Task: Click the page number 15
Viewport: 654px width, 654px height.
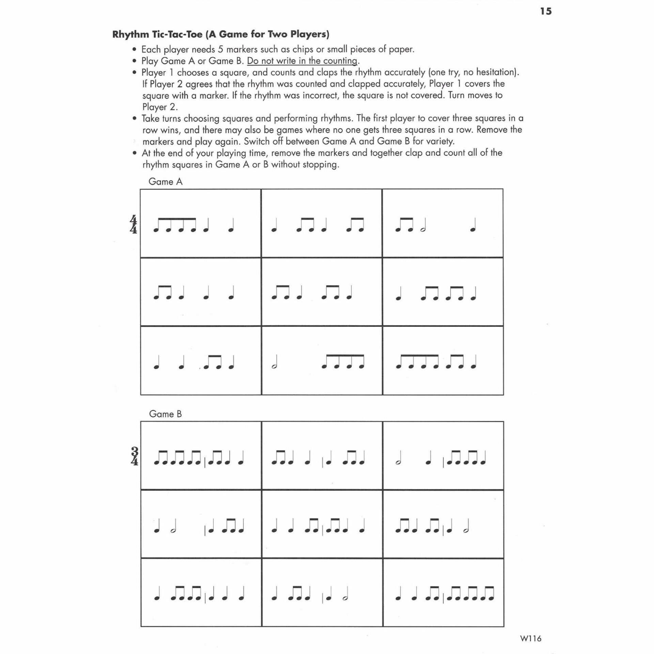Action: point(545,11)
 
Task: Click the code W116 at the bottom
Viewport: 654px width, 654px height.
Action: point(531,638)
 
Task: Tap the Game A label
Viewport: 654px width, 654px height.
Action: point(166,182)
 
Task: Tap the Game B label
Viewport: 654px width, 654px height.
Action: point(166,414)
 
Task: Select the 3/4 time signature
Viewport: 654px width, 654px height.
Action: point(135,456)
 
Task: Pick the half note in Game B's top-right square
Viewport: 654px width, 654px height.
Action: point(398,460)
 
